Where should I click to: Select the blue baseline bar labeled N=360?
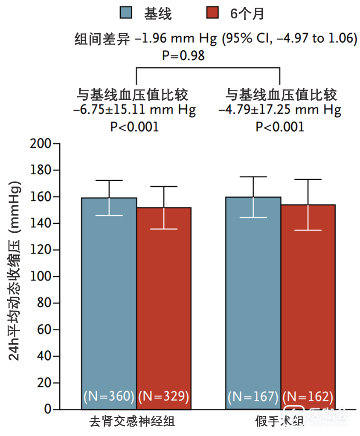click(109, 298)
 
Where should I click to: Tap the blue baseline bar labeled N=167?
click(253, 298)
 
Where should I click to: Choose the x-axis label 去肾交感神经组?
click(132, 422)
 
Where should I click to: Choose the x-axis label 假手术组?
click(280, 422)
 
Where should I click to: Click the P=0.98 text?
click(183, 55)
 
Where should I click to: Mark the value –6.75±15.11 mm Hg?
click(134, 110)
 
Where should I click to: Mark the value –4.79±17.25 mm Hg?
click(280, 110)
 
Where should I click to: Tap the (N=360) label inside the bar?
click(109, 396)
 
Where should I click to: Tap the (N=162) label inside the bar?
click(308, 396)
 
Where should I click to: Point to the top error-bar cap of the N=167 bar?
click(253, 177)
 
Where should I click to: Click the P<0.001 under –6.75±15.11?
click(134, 127)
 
